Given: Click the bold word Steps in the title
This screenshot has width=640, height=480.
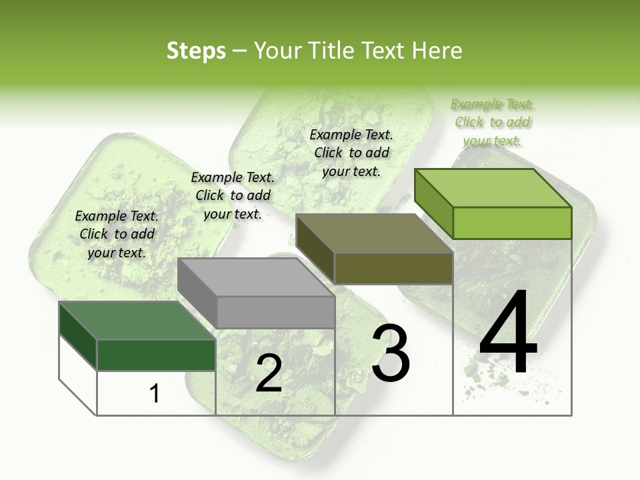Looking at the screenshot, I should pyautogui.click(x=196, y=51).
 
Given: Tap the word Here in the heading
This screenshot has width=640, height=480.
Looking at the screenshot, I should pyautogui.click(x=437, y=51).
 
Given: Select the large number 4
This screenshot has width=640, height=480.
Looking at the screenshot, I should pyautogui.click(x=508, y=333).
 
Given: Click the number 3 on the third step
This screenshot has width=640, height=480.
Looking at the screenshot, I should pyautogui.click(x=391, y=353).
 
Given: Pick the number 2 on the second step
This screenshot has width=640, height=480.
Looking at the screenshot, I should pyautogui.click(x=269, y=374).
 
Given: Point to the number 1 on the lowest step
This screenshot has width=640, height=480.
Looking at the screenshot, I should pyautogui.click(x=155, y=394).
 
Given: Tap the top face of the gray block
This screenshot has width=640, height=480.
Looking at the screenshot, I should pyautogui.click(x=257, y=277).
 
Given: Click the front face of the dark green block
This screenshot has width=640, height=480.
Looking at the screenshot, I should pyautogui.click(x=157, y=355).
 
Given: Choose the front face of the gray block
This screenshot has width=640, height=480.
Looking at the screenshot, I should pyautogui.click(x=276, y=312).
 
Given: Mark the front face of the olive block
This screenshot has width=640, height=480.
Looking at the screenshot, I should pyautogui.click(x=393, y=269).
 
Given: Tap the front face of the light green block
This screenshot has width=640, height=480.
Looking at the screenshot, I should pyautogui.click(x=512, y=223).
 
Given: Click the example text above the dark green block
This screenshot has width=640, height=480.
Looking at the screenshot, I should pyautogui.click(x=117, y=234).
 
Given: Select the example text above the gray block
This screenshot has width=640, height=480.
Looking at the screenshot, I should pyautogui.click(x=233, y=195).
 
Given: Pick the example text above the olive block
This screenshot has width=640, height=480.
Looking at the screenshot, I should pyautogui.click(x=351, y=153).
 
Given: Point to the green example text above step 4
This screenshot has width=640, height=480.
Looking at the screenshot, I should pyautogui.click(x=493, y=122).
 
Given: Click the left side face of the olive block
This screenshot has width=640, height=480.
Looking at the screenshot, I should pyautogui.click(x=315, y=248).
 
